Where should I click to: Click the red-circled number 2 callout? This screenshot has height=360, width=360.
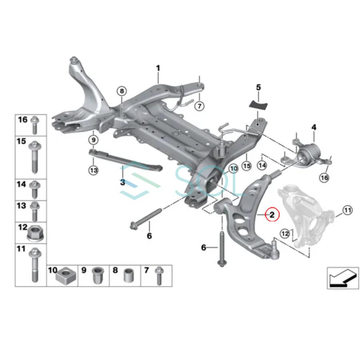[x=272, y=215]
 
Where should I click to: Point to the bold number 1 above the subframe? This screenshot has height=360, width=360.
[x=158, y=68]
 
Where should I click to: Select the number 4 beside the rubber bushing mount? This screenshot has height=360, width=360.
[x=314, y=127]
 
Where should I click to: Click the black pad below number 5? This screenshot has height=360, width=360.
[x=258, y=103]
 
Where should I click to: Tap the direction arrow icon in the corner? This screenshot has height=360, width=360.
[x=342, y=277]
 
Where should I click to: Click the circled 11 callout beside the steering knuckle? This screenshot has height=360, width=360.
[x=347, y=210]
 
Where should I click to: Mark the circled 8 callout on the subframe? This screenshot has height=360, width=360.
[x=121, y=91]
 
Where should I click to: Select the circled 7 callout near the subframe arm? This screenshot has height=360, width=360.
[x=199, y=106]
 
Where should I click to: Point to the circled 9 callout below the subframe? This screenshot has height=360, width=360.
[x=93, y=140]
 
